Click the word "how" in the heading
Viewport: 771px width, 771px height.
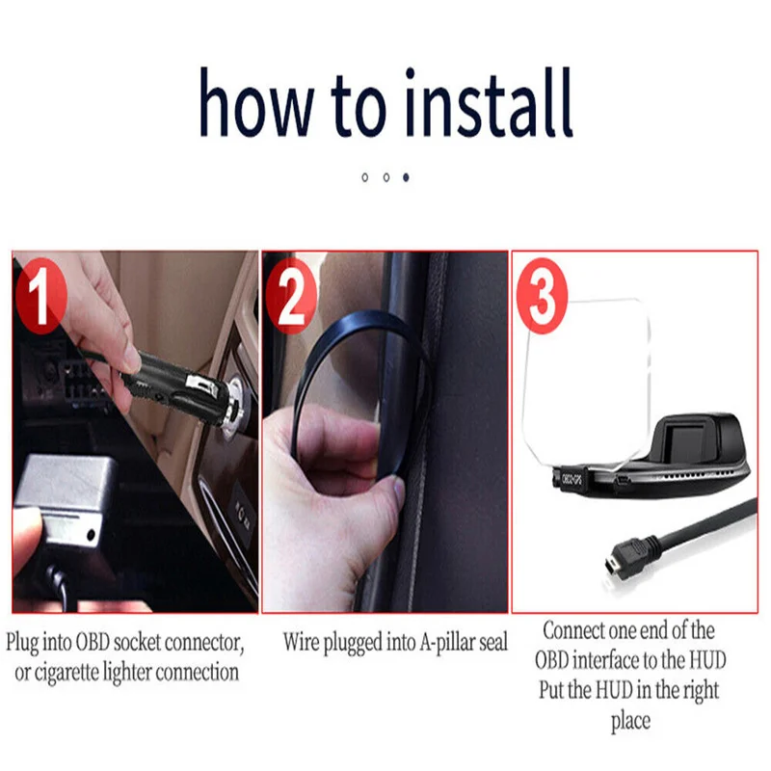point(256,102)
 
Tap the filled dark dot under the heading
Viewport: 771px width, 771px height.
point(406,177)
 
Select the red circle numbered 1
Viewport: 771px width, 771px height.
point(40,297)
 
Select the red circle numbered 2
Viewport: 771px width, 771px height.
point(291,297)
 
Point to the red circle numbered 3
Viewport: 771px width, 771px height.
point(542,297)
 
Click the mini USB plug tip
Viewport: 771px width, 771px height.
point(611,568)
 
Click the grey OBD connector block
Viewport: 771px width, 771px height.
point(64,496)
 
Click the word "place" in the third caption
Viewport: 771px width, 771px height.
point(631,721)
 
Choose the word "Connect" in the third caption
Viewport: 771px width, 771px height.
point(573,631)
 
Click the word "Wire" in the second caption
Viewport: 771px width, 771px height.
point(301,642)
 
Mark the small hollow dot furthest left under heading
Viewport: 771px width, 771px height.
point(365,177)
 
